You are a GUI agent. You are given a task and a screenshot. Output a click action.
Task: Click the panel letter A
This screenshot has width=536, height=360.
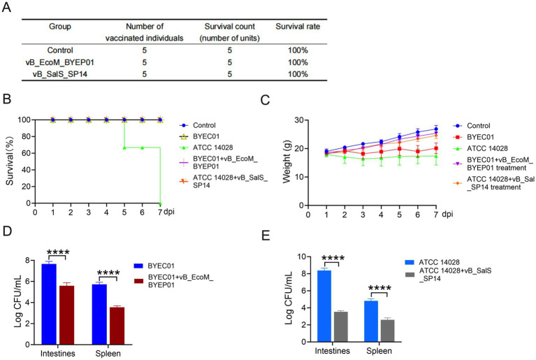[x=6, y=6]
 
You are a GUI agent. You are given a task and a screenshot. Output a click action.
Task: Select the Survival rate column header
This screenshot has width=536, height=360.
[x=298, y=27]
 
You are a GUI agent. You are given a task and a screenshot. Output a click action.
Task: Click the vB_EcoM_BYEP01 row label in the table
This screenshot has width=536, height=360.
[x=60, y=62]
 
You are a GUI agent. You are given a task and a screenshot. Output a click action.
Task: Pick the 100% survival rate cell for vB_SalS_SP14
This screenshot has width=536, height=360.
[x=298, y=74]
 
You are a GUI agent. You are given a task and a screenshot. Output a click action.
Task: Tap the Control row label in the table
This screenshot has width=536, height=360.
[x=60, y=50]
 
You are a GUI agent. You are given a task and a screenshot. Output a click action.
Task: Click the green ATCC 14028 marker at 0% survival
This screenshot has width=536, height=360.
[x=160, y=203]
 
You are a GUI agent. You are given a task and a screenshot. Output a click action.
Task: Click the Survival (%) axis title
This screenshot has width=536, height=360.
[x=10, y=161]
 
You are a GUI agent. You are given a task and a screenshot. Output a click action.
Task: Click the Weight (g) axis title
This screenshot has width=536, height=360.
[x=287, y=161]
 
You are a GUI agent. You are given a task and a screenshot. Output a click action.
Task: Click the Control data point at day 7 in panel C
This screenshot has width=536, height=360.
[x=436, y=129]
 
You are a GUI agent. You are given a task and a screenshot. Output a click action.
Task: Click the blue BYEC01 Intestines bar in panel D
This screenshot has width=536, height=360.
[x=49, y=304]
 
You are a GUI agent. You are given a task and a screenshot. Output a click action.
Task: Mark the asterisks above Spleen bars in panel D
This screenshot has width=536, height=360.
[x=108, y=273]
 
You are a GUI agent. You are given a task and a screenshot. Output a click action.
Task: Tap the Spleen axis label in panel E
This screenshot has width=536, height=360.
[x=379, y=351]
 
